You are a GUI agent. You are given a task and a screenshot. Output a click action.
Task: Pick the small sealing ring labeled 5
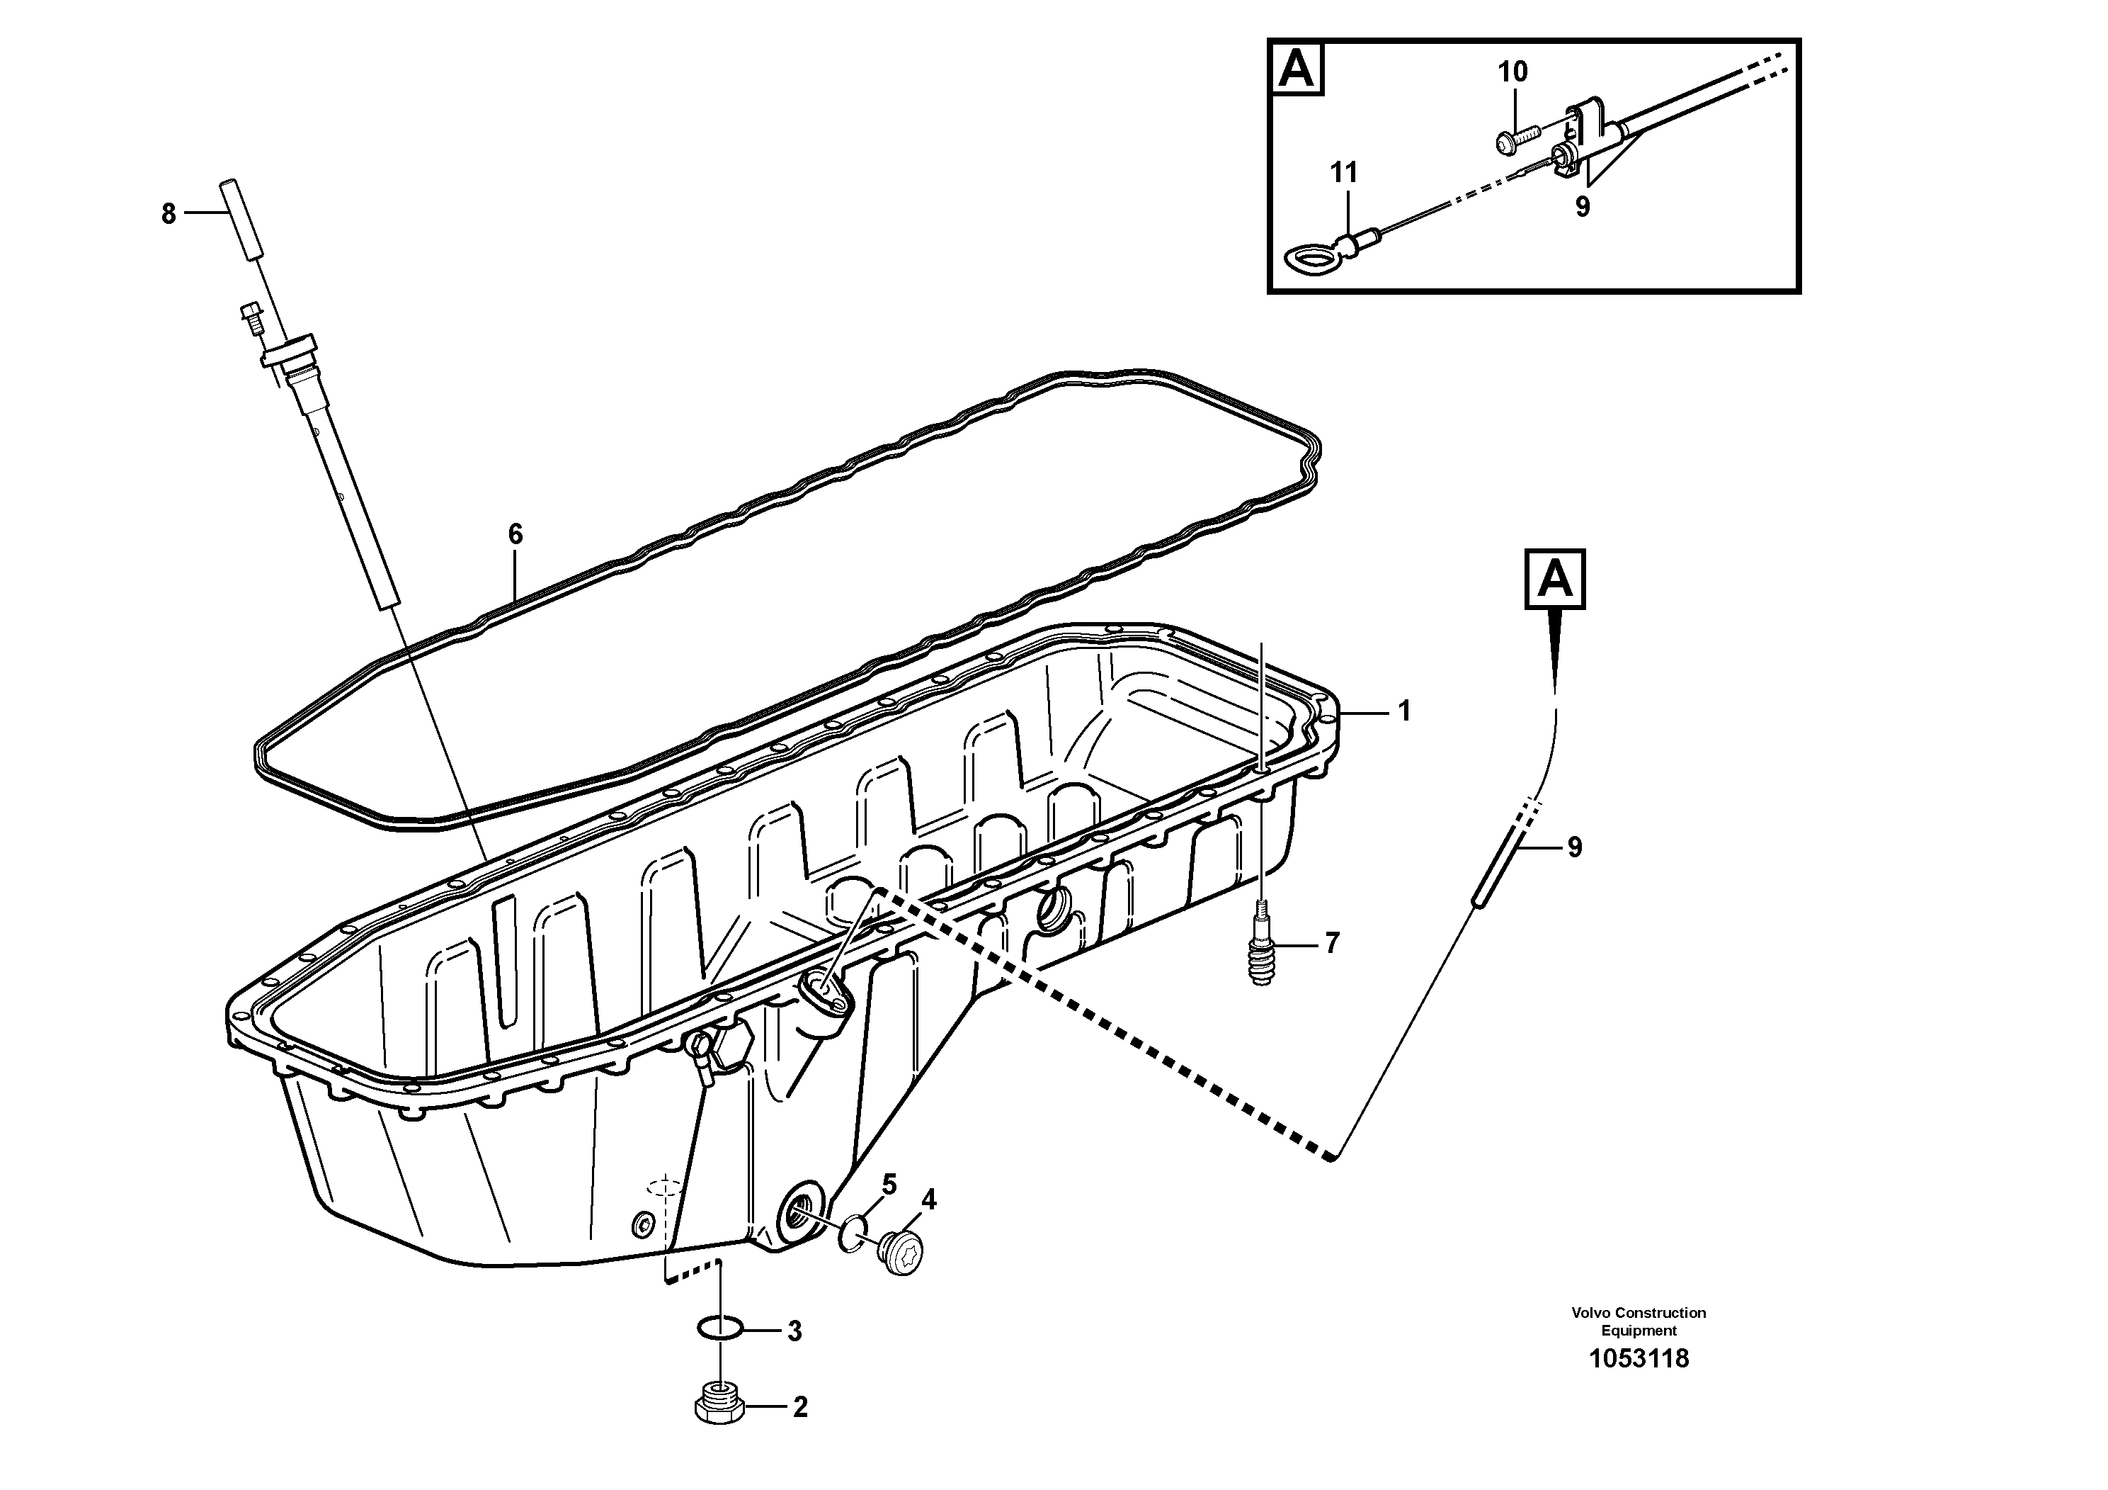[x=853, y=1233]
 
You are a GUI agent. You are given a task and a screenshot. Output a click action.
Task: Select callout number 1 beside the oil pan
[x=1403, y=711]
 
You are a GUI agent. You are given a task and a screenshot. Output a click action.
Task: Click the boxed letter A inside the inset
[x=1297, y=69]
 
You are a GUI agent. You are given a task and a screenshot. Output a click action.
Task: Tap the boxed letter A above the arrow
[x=1555, y=580]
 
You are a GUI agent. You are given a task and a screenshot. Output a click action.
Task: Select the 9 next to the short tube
[x=1575, y=847]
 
